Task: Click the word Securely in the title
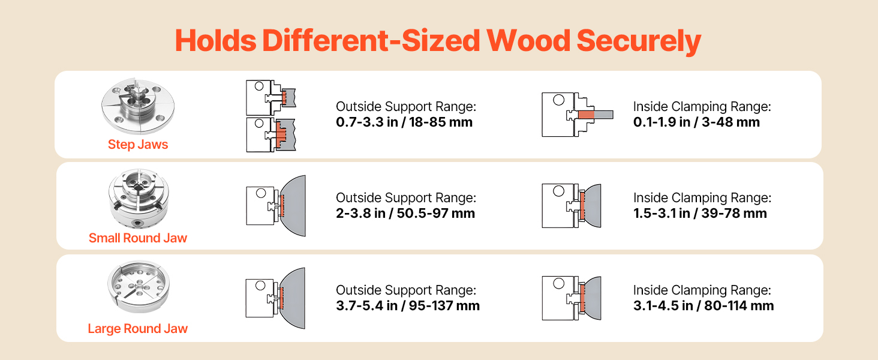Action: (639, 41)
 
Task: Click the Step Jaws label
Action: (138, 145)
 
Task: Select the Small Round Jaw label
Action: (138, 238)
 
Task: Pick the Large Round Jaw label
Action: (138, 329)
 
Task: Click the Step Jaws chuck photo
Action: (138, 106)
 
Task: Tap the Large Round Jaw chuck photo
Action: (139, 286)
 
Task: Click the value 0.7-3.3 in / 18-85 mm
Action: (404, 122)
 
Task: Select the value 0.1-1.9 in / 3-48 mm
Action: (696, 122)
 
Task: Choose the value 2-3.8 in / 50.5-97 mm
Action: (405, 214)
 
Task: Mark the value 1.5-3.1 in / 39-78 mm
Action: (700, 214)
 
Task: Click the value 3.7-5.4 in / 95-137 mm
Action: (408, 305)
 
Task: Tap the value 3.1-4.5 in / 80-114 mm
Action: (703, 305)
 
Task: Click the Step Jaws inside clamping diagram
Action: (578, 115)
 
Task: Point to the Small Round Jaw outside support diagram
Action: (276, 206)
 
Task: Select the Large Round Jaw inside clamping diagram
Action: (572, 298)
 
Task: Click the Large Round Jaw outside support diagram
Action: (275, 298)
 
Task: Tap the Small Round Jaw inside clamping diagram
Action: (572, 205)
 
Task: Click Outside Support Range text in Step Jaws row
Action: (406, 107)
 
